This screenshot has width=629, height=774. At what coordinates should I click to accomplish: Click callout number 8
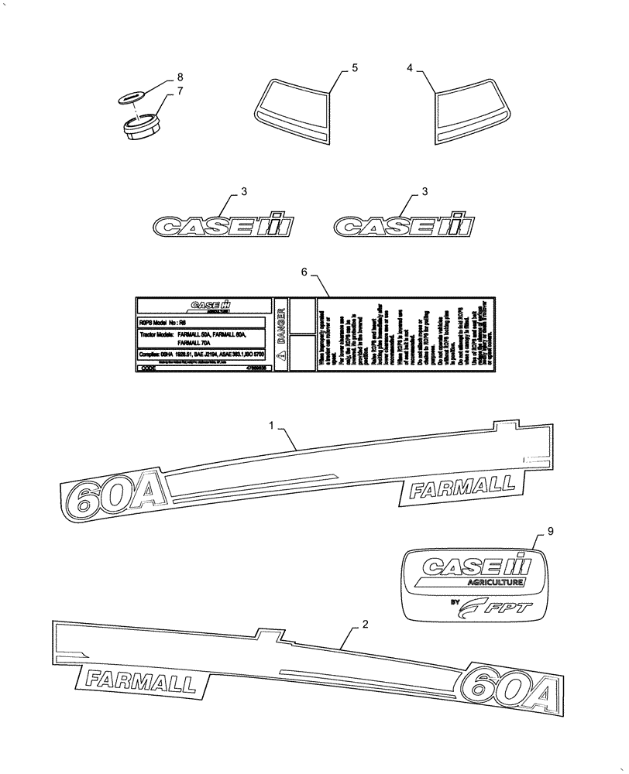tap(180, 77)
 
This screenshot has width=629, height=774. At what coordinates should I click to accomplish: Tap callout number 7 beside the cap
tap(180, 91)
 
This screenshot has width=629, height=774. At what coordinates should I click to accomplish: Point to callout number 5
tap(355, 69)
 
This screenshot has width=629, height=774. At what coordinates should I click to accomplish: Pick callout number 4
tap(411, 69)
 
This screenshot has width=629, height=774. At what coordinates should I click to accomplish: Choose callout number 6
tap(304, 272)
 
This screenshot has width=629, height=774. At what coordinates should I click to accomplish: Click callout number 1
tap(272, 425)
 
